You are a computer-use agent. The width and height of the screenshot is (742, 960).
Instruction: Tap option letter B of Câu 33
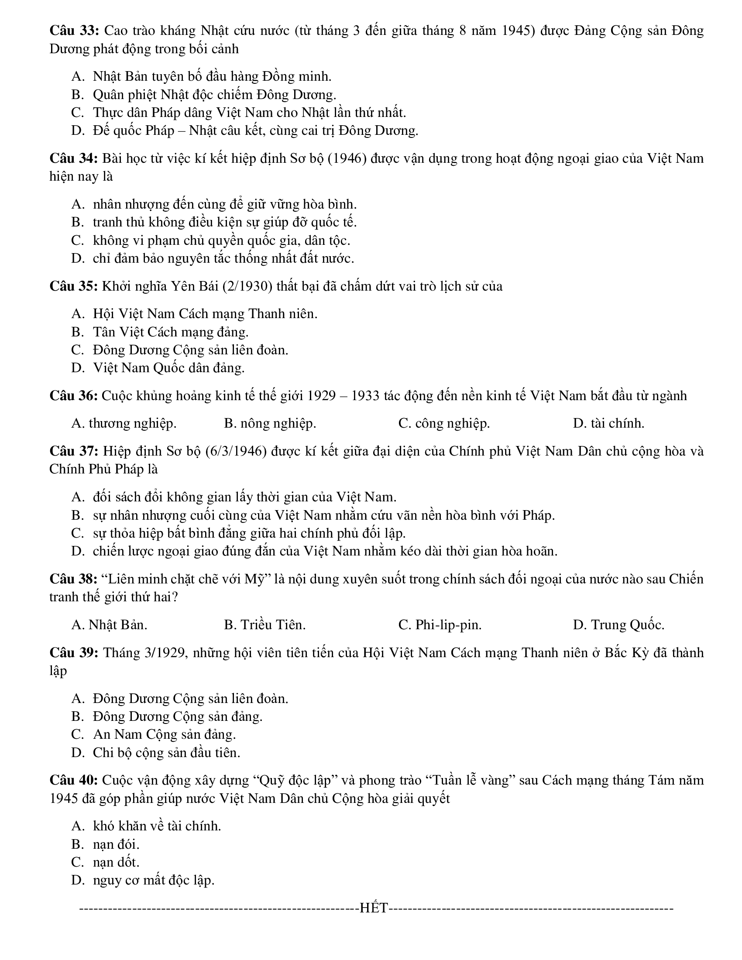pyautogui.click(x=77, y=95)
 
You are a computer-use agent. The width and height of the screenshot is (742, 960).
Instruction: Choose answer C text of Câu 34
pyautogui.click(x=221, y=240)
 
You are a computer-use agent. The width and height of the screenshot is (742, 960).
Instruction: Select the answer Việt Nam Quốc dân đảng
pyautogui.click(x=168, y=367)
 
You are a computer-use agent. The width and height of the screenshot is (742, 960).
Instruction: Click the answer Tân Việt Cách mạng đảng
pyautogui.click(x=171, y=332)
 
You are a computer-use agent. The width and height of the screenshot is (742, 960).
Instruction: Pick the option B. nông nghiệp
pyautogui.click(x=270, y=423)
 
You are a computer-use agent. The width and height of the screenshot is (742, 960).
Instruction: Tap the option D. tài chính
pyautogui.click(x=608, y=423)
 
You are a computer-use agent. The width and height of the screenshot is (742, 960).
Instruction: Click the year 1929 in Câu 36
pyautogui.click(x=321, y=396)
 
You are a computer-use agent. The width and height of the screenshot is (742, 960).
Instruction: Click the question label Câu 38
pyautogui.click(x=73, y=579)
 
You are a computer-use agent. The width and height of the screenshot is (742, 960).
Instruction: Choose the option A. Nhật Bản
pyautogui.click(x=110, y=624)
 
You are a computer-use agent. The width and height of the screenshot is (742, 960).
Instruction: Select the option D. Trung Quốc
pyautogui.click(x=618, y=624)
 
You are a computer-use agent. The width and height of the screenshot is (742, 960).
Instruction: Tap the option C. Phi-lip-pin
pyautogui.click(x=440, y=624)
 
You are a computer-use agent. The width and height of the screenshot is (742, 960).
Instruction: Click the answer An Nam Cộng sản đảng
pyautogui.click(x=165, y=734)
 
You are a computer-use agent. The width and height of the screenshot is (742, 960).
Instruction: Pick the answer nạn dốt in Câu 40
pyautogui.click(x=116, y=862)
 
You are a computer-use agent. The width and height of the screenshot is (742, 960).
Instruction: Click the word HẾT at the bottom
pyautogui.click(x=374, y=908)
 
